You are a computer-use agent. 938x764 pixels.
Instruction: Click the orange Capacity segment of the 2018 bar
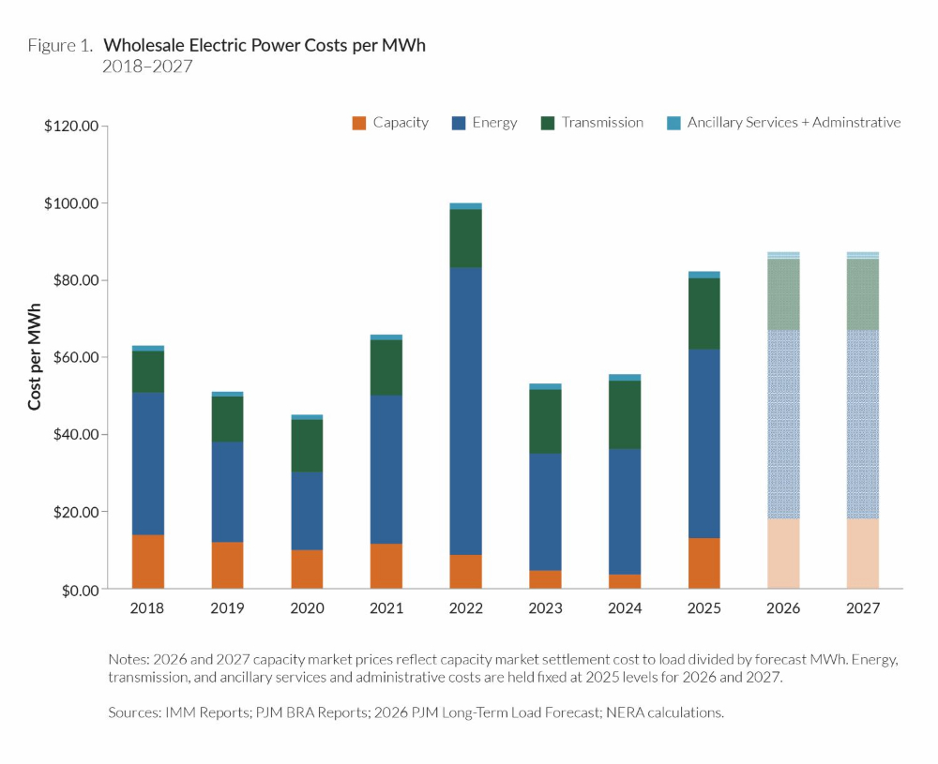147,562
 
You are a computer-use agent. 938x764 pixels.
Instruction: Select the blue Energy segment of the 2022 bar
465,411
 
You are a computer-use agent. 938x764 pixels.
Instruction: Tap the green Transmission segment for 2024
625,414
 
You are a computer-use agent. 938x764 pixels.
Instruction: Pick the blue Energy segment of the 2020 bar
307,510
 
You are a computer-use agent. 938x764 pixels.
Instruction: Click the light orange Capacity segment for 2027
863,554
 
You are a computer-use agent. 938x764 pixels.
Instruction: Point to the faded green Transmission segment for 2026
783,294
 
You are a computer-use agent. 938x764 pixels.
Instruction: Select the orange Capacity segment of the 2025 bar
704,563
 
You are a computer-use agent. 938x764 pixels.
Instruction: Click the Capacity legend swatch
358,123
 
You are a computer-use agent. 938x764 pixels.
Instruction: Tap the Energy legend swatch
458,123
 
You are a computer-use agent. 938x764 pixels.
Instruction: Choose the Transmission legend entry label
602,123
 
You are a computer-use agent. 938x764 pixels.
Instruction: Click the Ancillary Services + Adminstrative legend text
794,123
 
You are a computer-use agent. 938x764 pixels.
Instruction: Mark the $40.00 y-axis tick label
74,435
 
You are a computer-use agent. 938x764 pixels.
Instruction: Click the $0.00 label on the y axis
78,590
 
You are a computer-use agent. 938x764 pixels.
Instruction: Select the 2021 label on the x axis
386,608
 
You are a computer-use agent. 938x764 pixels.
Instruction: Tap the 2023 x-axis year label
545,608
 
